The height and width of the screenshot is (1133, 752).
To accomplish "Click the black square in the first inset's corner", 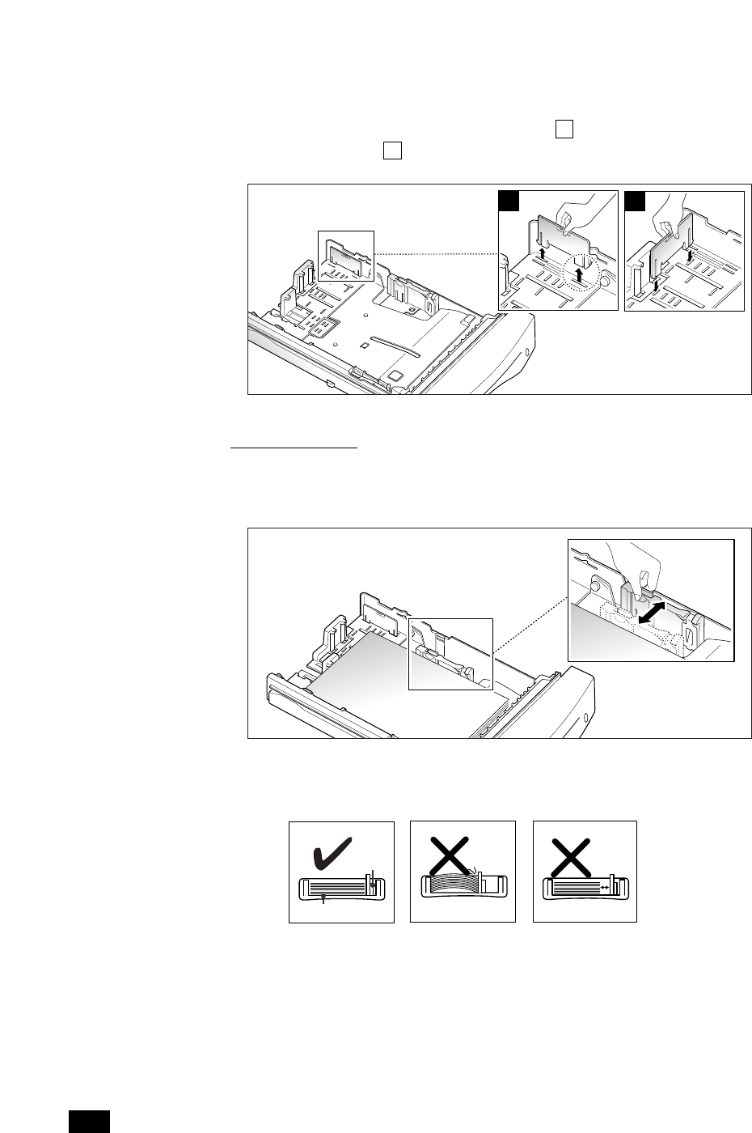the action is [x=509, y=201].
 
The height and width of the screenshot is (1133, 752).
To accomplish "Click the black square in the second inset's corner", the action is [x=635, y=201].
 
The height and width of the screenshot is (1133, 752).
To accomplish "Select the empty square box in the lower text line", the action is [x=393, y=151].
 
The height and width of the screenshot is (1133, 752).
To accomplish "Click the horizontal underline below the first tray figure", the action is [x=294, y=446].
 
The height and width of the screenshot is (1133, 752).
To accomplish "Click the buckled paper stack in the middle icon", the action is [x=451, y=883].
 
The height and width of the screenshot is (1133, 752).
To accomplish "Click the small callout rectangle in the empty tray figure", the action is [x=347, y=259].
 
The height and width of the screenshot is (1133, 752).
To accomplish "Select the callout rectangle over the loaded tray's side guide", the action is [x=450, y=654].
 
